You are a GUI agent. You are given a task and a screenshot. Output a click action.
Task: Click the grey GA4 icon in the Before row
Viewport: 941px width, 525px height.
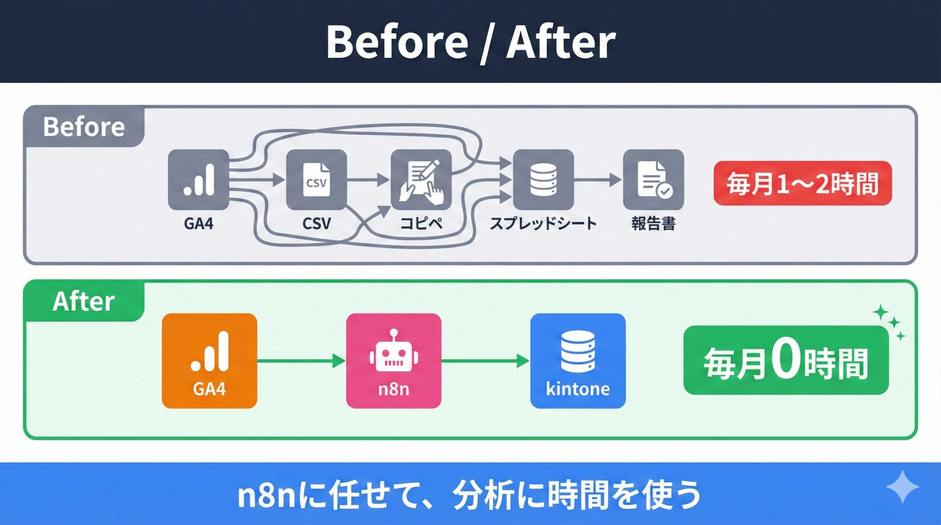(x=198, y=180)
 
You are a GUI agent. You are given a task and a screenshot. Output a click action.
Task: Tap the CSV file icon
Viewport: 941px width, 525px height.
(x=316, y=180)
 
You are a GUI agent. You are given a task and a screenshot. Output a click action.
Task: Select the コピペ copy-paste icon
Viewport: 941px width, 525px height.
(x=421, y=180)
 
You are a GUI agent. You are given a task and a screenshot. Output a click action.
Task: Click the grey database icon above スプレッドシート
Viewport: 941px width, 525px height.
(x=543, y=180)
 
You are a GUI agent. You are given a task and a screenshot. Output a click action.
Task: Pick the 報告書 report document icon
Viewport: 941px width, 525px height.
(x=653, y=180)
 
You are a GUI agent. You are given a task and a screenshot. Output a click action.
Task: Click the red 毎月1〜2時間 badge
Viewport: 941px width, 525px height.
(x=802, y=183)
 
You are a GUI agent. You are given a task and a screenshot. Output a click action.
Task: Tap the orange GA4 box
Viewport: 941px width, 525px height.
(x=210, y=361)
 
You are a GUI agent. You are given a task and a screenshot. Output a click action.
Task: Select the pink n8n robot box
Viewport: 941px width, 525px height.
(x=394, y=361)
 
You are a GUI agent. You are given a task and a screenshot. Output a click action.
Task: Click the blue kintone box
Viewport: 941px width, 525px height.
(x=578, y=361)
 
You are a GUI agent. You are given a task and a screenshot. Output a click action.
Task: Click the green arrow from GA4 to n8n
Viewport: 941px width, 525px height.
(x=301, y=361)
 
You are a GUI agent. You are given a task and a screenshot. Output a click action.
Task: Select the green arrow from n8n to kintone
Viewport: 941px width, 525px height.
(x=485, y=361)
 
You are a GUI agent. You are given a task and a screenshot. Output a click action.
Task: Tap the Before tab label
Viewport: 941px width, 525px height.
(x=84, y=127)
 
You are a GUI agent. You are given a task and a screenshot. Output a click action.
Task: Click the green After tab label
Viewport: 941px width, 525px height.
(x=84, y=302)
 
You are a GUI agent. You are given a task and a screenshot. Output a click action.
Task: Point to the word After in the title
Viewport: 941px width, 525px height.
(x=561, y=42)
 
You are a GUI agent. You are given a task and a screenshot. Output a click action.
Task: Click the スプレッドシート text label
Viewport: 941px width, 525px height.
(x=543, y=224)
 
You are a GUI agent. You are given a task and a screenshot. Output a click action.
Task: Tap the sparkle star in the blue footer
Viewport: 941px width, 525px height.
(x=902, y=487)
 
